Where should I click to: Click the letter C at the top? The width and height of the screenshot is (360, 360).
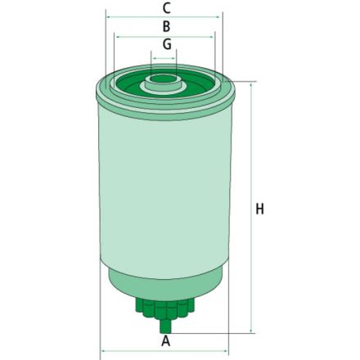point(166,7)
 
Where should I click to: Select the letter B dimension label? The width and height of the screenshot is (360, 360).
point(166,26)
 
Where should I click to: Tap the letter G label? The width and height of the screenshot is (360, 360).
point(166,44)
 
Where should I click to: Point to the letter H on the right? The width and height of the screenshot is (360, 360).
point(260,209)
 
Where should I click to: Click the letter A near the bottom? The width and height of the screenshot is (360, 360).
point(166,340)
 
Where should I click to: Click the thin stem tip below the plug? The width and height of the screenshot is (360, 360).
point(165,326)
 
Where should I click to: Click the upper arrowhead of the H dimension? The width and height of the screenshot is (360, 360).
point(250,83)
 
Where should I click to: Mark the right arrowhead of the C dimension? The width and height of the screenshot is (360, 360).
point(218,16)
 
